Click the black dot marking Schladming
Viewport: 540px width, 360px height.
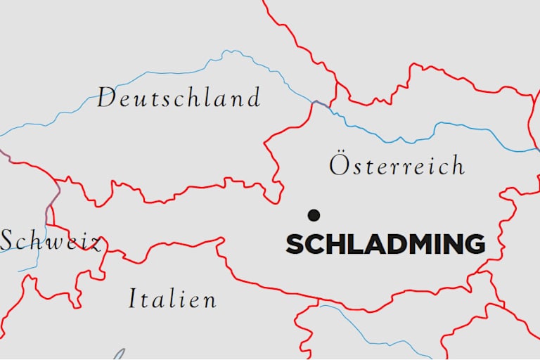(314, 214)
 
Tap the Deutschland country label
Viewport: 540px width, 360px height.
(179, 98)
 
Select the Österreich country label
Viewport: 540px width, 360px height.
(397, 165)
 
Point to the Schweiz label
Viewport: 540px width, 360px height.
(49, 241)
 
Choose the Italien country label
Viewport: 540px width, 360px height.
(172, 299)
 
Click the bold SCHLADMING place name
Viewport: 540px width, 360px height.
(385, 245)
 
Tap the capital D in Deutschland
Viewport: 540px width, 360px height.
(106, 98)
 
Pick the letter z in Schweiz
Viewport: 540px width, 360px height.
(95, 244)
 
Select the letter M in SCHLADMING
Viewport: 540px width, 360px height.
(413, 245)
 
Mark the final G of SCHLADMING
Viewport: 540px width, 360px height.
(475, 245)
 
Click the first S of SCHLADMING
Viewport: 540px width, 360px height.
(295, 245)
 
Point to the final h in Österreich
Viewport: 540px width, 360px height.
(458, 166)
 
